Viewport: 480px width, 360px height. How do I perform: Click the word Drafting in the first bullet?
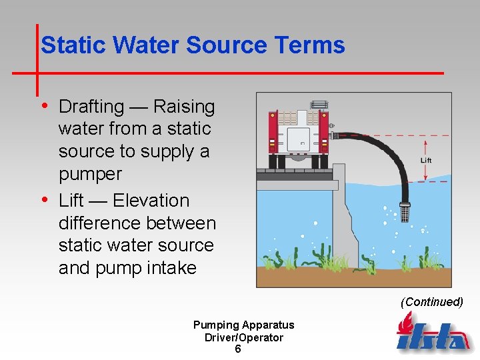coord(91,107)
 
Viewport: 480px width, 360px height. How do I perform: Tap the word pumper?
coord(90,175)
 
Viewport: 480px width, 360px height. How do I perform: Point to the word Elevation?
coord(151,201)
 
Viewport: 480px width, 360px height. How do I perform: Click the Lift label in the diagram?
coord(426,161)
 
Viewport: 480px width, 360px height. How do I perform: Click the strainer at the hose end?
coord(403,212)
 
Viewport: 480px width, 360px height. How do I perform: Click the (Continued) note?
coord(431,302)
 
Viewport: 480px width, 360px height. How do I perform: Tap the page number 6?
coord(238,349)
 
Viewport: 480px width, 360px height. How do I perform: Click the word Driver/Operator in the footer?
coord(243,337)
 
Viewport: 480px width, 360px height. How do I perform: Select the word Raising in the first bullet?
coord(184,107)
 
